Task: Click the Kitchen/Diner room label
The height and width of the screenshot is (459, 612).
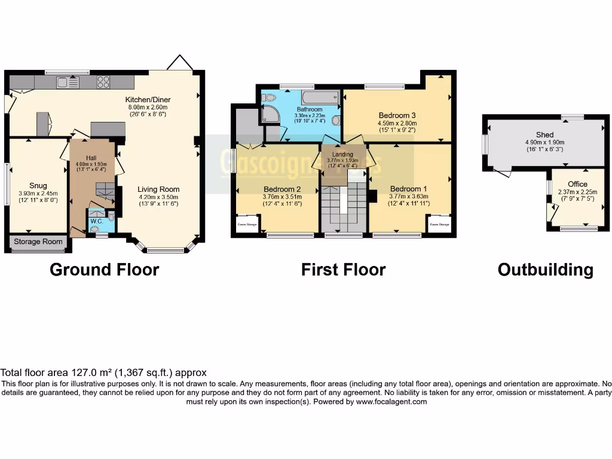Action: [x=145, y=99]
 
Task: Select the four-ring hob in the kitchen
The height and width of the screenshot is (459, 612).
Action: [x=103, y=82]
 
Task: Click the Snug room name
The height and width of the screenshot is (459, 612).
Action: [x=38, y=186]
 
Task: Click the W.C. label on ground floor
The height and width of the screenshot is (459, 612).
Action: [x=96, y=221]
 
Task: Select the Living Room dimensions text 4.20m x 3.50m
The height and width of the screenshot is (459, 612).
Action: [x=158, y=197]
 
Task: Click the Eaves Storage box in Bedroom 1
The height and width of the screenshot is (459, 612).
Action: [x=438, y=225]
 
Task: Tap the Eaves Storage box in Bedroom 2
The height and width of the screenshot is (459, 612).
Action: [x=246, y=225]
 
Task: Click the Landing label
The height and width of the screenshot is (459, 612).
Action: [x=342, y=154]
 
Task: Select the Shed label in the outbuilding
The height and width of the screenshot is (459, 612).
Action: [x=544, y=135]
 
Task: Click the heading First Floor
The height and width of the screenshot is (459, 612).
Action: [x=343, y=270]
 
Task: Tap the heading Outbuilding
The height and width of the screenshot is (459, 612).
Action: [x=545, y=270]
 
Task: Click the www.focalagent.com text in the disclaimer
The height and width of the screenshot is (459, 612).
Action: [x=391, y=402]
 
